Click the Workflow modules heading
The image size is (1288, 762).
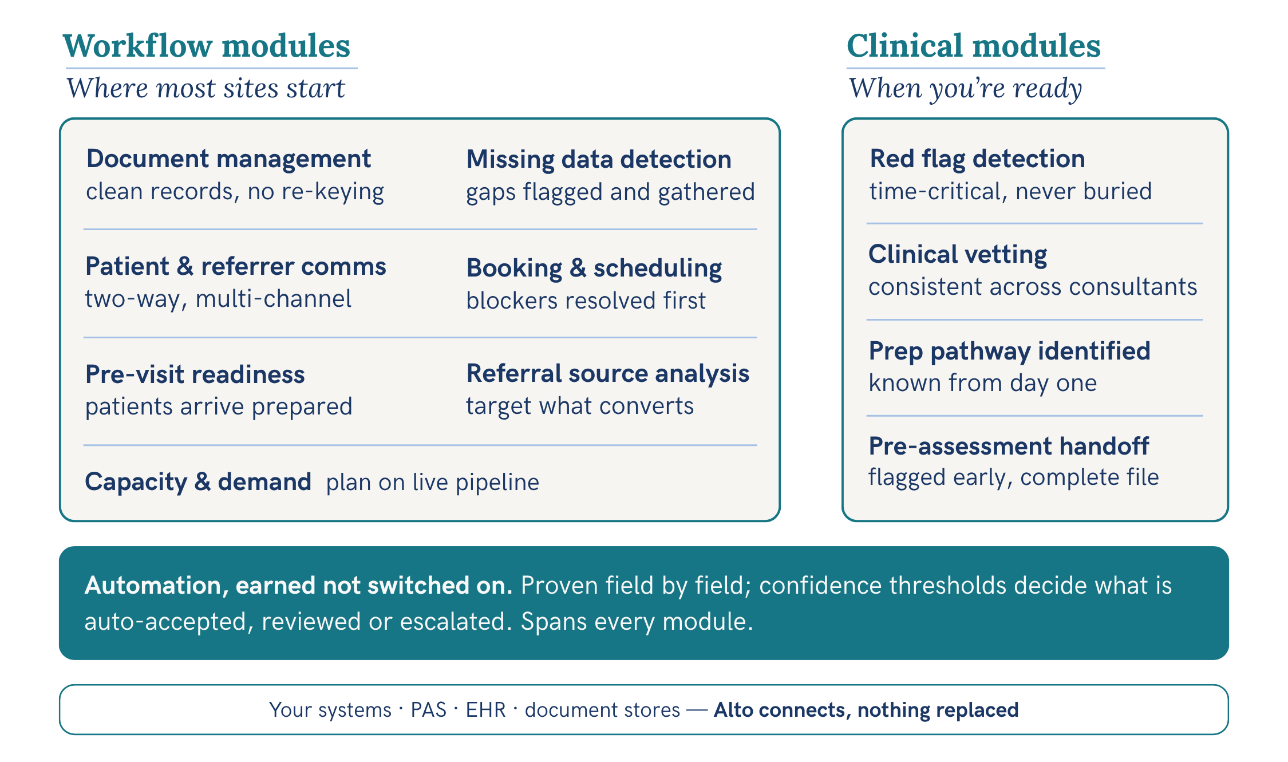click(x=207, y=46)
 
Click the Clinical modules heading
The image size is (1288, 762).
click(x=973, y=46)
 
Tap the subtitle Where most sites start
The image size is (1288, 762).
click(x=206, y=88)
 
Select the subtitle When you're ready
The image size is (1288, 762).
click(x=965, y=89)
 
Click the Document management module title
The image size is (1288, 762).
click(x=228, y=159)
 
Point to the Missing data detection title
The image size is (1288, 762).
click(x=599, y=160)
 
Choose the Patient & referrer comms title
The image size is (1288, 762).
click(x=235, y=266)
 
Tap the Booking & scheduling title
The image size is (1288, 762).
click(x=594, y=268)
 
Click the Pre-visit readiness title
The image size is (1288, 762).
click(x=195, y=374)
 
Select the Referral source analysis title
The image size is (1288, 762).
click(x=608, y=374)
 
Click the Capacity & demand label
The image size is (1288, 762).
click(x=198, y=482)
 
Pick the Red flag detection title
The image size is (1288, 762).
click(x=977, y=159)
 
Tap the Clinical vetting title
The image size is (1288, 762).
click(x=958, y=255)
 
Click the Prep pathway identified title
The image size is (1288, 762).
click(x=1009, y=351)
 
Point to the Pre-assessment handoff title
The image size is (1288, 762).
click(x=1009, y=446)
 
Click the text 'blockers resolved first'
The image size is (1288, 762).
click(x=586, y=301)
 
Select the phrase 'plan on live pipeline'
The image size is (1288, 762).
click(x=433, y=483)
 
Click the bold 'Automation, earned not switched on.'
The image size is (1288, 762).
click(x=298, y=586)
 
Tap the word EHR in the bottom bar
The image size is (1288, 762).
click(x=485, y=710)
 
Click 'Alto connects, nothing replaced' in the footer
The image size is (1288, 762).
click(x=866, y=710)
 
